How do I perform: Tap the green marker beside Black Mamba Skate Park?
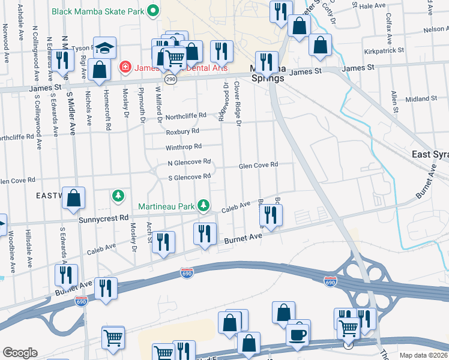[x=153, y=10]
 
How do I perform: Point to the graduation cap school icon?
[x=104, y=47]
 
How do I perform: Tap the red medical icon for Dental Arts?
[x=125, y=67]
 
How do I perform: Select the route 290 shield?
[x=170, y=79]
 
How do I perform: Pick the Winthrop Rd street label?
[x=184, y=146]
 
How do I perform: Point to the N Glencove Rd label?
[x=189, y=162]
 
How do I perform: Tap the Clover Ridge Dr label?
[x=238, y=104]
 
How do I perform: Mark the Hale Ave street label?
[x=372, y=5]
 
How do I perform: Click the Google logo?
[x=20, y=353]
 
